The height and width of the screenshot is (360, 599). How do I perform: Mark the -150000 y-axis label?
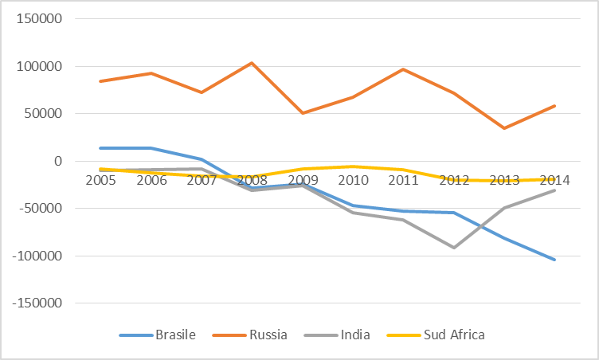36,303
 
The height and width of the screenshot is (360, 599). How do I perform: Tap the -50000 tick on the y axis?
39,209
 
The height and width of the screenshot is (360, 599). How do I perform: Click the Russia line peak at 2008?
252,63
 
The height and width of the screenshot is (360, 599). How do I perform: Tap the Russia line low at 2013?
504,128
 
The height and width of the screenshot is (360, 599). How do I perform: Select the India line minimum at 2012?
453,248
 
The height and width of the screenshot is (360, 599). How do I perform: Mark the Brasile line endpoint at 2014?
554,260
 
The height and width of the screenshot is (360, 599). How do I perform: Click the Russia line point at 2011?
403,69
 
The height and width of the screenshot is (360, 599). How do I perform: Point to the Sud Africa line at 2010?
352,166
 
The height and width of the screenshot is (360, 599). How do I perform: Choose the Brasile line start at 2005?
100,148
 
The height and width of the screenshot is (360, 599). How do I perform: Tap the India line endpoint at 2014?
554,190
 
